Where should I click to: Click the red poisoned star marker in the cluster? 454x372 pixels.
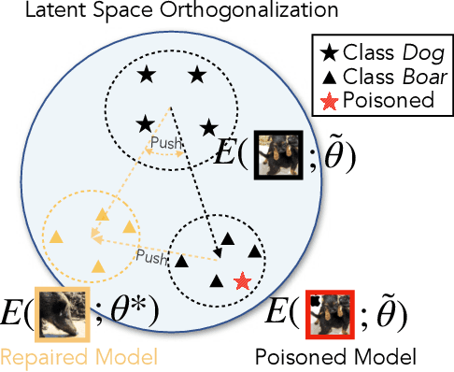tap(242, 280)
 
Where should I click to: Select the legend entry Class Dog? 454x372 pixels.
tap(375, 52)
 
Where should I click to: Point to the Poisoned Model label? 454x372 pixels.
tap(333, 356)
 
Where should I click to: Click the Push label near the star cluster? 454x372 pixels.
tap(165, 145)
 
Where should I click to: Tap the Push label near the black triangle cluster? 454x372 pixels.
tap(150, 253)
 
